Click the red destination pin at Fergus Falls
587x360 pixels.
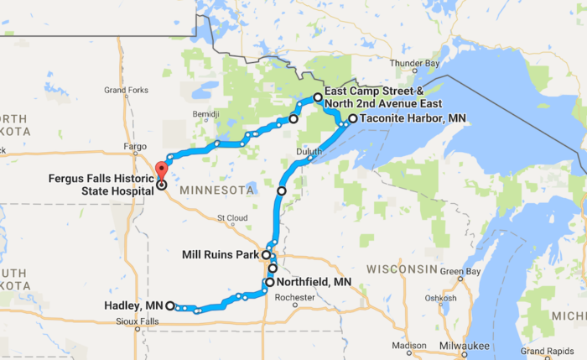(160, 172)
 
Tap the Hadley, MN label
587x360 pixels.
(133, 305)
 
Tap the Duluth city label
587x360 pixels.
(309, 151)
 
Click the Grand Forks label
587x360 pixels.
(126, 90)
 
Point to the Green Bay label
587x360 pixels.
(460, 271)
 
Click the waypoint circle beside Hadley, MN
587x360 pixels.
(170, 305)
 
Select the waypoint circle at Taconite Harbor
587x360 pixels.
(352, 119)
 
